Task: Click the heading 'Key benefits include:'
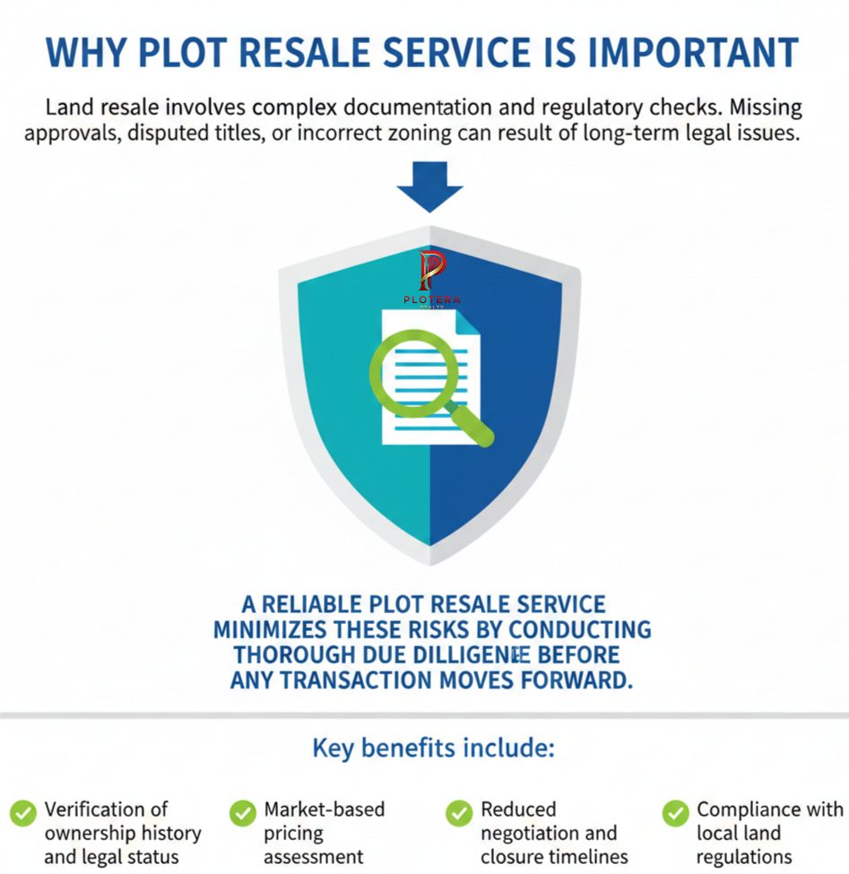[433, 748]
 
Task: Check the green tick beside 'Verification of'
[23, 813]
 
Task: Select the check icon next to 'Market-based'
[243, 813]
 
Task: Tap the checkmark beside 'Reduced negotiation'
[459, 813]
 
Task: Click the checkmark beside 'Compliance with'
[676, 813]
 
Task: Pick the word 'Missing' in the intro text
[764, 108]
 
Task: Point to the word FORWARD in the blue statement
[570, 679]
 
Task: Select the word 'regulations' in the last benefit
[744, 856]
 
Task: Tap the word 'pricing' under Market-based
[293, 833]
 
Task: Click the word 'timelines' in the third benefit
[578, 856]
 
